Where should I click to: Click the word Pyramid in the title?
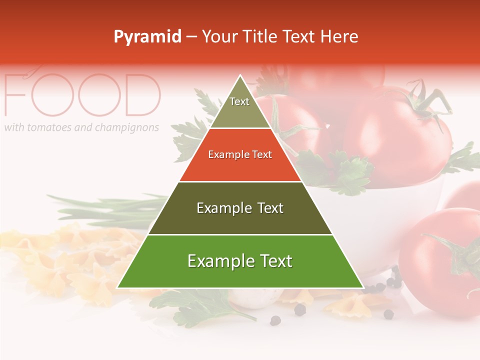point(147,37)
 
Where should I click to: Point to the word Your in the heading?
point(220,37)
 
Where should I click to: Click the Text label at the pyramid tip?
point(239,101)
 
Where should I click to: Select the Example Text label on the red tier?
point(240,154)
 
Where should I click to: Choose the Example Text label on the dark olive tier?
point(240,208)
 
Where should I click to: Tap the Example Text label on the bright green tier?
point(240,261)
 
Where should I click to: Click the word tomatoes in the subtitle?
point(49,127)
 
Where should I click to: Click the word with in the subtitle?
point(14,127)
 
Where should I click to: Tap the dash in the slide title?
point(191,37)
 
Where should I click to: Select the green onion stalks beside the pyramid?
point(115,207)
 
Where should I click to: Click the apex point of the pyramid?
point(240,76)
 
